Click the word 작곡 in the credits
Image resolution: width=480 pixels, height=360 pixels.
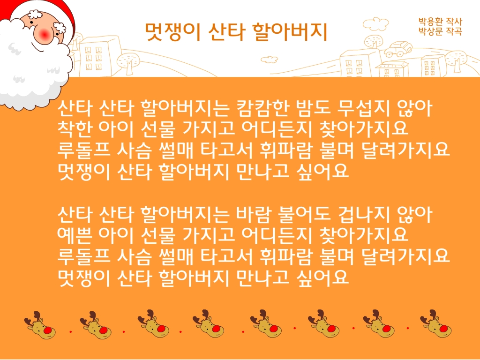[454, 31]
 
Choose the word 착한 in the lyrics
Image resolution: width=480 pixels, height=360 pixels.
[75, 128]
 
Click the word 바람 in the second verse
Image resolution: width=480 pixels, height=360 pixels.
[254, 214]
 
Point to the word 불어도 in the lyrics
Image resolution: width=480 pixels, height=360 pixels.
[304, 214]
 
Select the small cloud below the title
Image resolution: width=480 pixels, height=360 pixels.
[269, 60]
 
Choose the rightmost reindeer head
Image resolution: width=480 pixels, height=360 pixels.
[436, 324]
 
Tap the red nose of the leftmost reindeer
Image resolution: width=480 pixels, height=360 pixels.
[48, 330]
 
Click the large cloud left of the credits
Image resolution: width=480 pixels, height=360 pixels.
[376, 24]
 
